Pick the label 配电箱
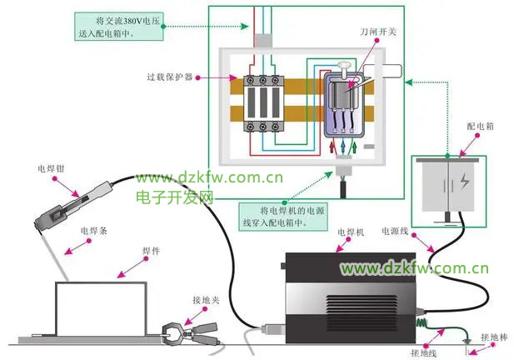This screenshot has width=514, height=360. click(480, 126)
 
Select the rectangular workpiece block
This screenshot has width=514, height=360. click(101, 309)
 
